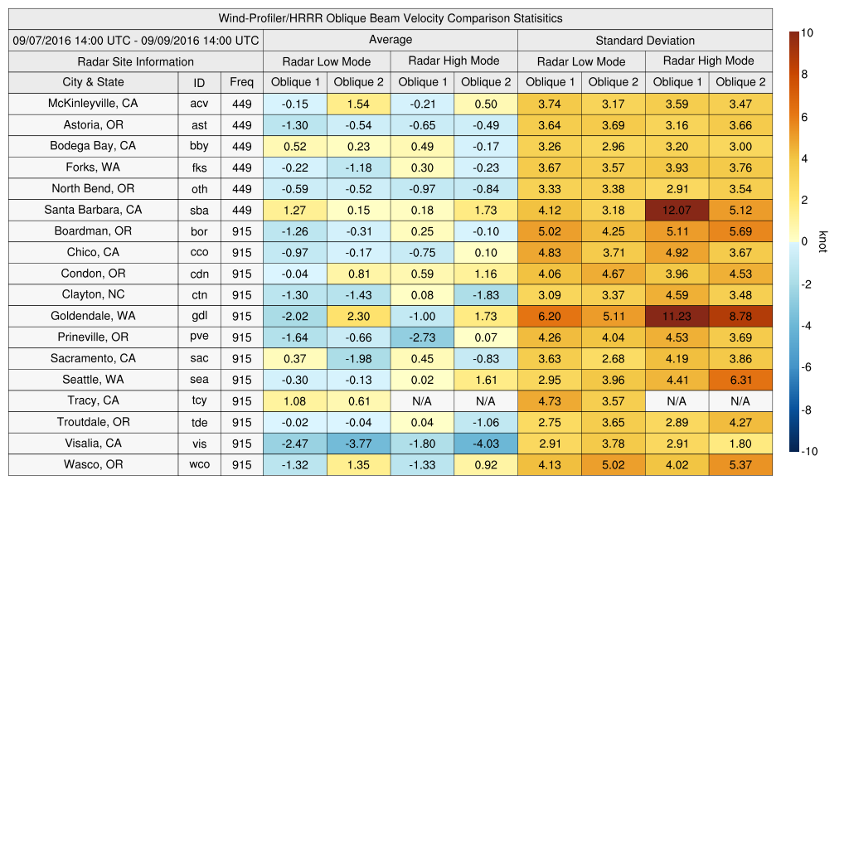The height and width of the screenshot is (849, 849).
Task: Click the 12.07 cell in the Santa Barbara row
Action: point(677,210)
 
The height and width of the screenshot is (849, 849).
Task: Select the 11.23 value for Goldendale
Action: point(677,316)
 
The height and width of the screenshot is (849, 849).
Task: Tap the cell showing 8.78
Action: point(740,316)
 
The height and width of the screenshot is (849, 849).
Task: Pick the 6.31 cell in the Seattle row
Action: point(740,380)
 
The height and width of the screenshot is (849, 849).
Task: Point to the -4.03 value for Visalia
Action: point(486,444)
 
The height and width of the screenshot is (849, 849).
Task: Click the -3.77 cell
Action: point(358,444)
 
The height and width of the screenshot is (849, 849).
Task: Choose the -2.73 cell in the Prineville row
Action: point(422,337)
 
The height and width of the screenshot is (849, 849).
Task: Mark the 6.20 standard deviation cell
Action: point(549,316)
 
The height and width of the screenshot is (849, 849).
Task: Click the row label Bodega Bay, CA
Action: point(93,146)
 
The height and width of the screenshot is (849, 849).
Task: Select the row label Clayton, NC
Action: point(93,294)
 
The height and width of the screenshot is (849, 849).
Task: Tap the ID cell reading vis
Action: point(199,444)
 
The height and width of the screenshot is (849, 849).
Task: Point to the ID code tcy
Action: point(199,401)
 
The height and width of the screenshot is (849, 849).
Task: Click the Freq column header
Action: point(241,82)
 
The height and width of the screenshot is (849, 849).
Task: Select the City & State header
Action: point(93,82)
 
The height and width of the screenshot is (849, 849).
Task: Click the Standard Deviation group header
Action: point(645,40)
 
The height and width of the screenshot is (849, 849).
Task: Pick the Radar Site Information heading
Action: point(135,61)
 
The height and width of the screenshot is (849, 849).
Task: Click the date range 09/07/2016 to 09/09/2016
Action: point(135,40)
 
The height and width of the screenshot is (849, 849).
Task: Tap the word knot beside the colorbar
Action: point(822,241)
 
